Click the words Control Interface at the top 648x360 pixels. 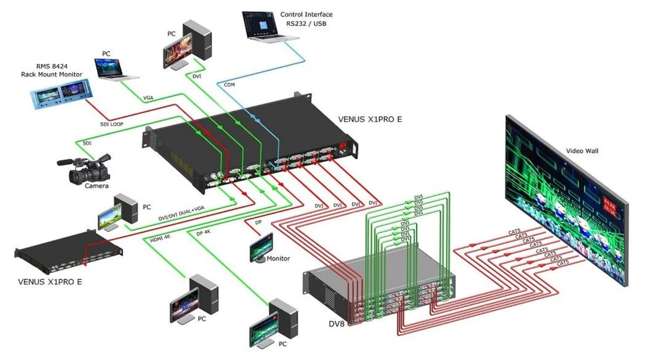pyautogui.click(x=306, y=15)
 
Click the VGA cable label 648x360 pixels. pyautogui.click(x=149, y=98)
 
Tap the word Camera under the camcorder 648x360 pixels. pyautogui.click(x=96, y=186)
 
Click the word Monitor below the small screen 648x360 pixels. pyautogui.click(x=278, y=258)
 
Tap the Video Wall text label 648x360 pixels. pyautogui.click(x=582, y=151)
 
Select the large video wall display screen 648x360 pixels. pyautogui.click(x=565, y=198)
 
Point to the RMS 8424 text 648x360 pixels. pyautogui.click(x=51, y=66)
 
